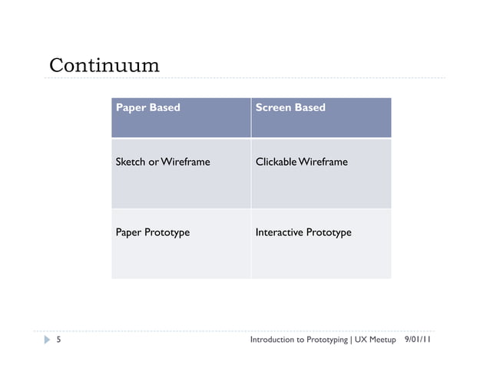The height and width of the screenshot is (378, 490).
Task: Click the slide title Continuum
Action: click(104, 65)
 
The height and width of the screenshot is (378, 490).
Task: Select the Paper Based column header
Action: click(147, 107)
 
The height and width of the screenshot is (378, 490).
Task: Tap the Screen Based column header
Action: click(290, 107)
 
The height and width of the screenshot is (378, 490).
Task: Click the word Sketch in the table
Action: click(131, 162)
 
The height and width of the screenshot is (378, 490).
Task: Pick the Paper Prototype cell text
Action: click(152, 232)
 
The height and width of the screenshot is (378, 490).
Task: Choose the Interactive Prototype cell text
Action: click(303, 232)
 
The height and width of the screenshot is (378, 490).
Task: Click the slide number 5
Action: click(58, 340)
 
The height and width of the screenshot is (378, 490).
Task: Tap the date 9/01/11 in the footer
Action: click(417, 340)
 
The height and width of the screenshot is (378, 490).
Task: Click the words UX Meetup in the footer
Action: click(376, 340)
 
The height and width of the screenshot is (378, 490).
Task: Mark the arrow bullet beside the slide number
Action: click(46, 340)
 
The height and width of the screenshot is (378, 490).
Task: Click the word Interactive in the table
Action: click(279, 232)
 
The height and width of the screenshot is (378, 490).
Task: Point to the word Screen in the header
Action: click(272, 107)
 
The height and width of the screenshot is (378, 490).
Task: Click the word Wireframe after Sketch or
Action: click(186, 162)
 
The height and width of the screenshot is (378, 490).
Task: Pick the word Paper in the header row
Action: click(131, 107)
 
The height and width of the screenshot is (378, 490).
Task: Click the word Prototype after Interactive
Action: click(329, 232)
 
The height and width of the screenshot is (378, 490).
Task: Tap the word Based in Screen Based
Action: click(310, 107)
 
